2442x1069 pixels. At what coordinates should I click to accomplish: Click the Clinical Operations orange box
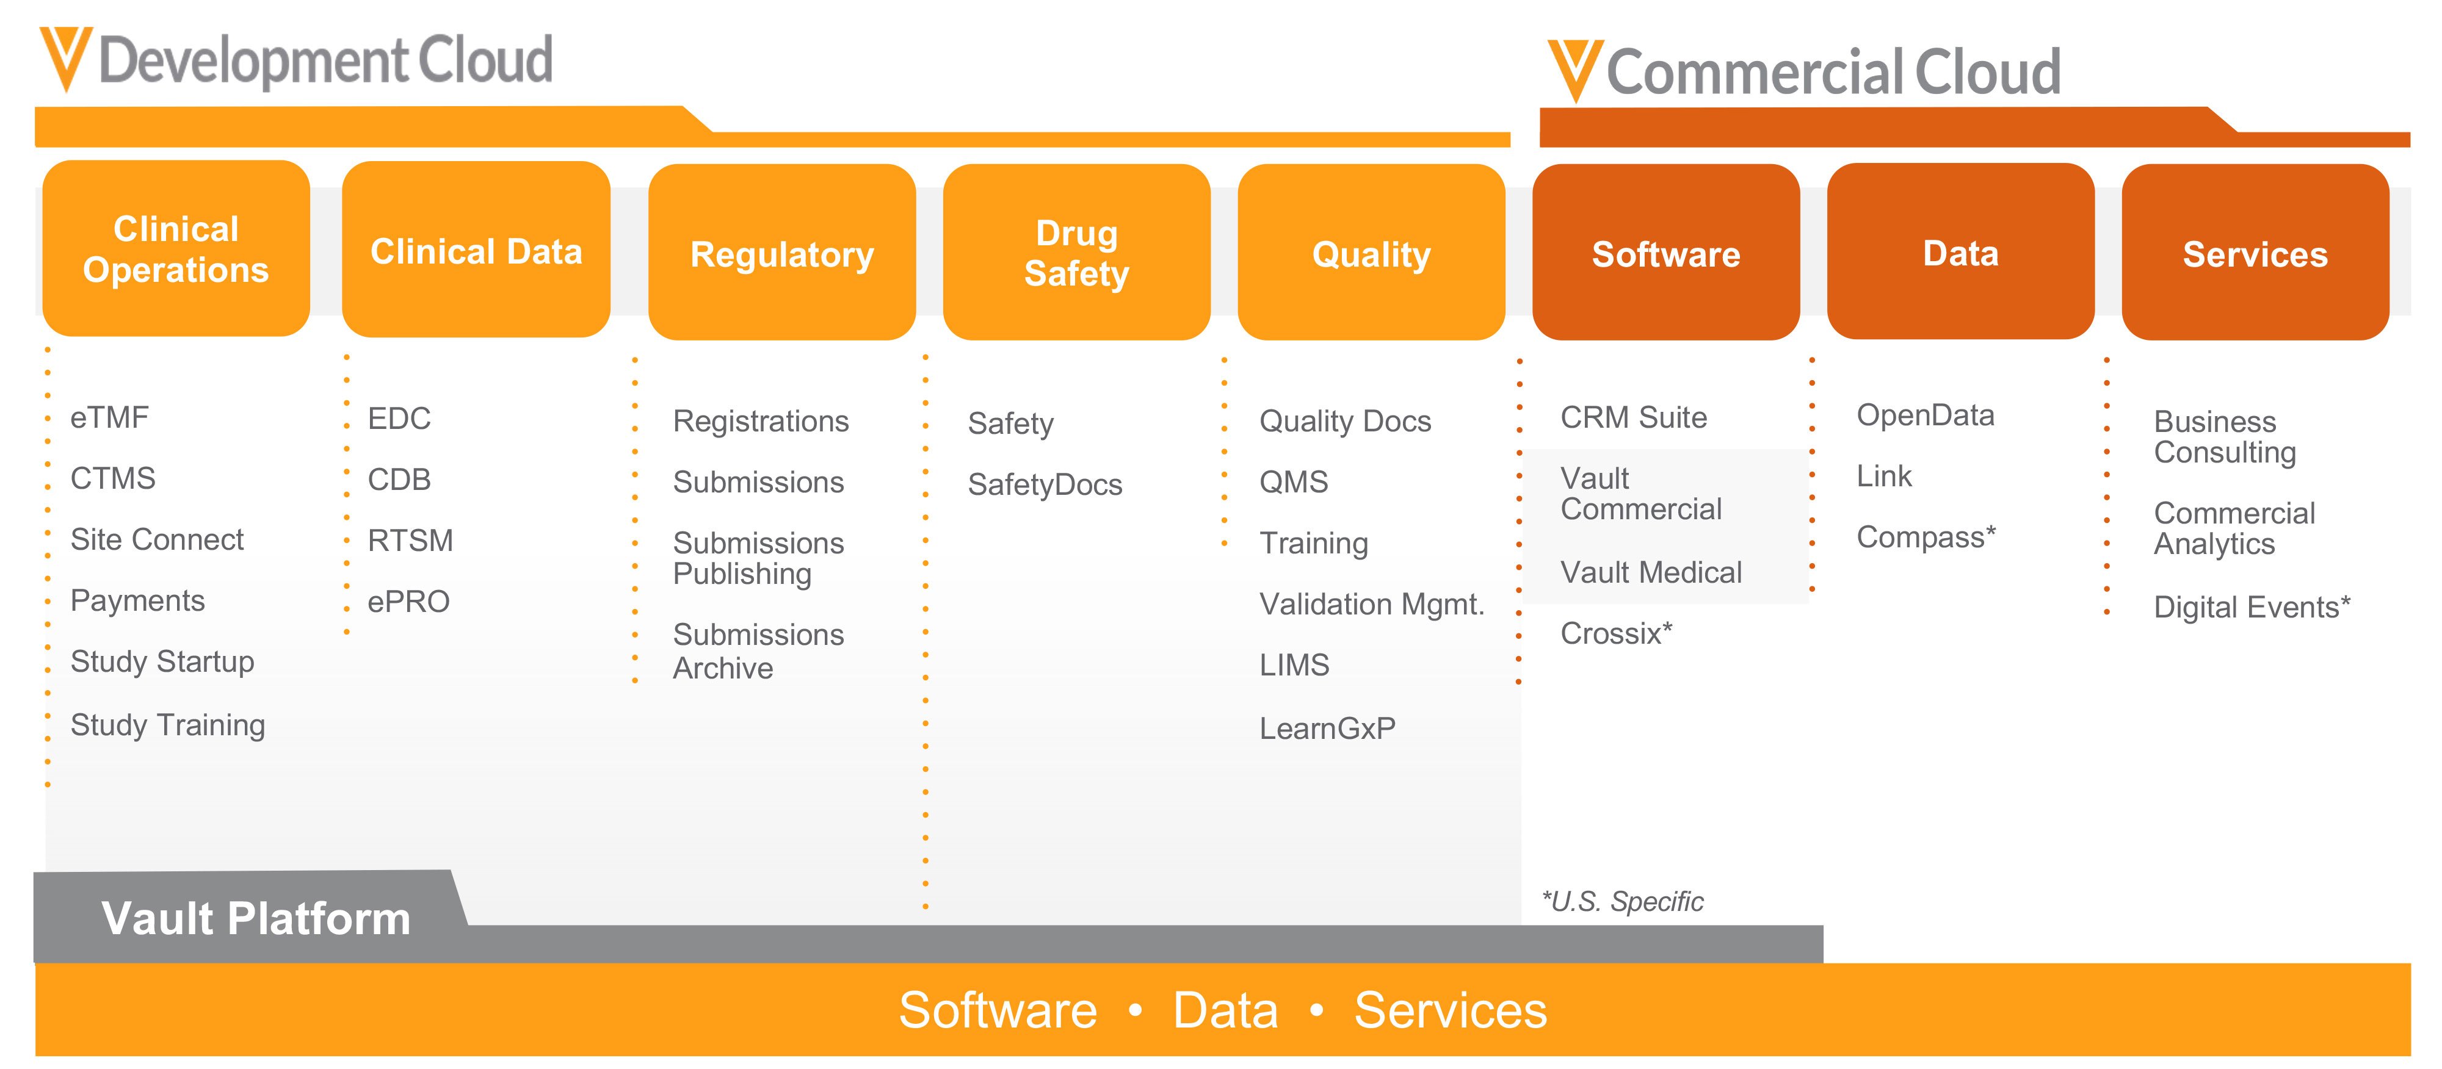(x=176, y=248)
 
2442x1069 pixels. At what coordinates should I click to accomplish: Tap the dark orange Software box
(x=1665, y=252)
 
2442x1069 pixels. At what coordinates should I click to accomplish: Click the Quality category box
(x=1371, y=252)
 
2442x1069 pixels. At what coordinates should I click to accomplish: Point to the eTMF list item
(x=109, y=417)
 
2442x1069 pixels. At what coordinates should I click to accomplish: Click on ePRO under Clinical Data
(x=408, y=601)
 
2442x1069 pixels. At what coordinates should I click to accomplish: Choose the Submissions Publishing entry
(x=758, y=558)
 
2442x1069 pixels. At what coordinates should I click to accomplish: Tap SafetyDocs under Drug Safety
(x=1044, y=484)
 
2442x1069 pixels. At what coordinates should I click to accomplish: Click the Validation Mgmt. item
(x=1371, y=603)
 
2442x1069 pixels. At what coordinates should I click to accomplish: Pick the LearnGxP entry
(x=1327, y=728)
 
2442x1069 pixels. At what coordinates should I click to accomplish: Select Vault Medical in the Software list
(x=1650, y=572)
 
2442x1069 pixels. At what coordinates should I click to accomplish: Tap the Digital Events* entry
(x=2252, y=606)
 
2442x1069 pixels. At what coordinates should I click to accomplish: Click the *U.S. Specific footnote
(x=1622, y=901)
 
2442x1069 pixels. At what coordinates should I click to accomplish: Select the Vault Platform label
(x=256, y=917)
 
